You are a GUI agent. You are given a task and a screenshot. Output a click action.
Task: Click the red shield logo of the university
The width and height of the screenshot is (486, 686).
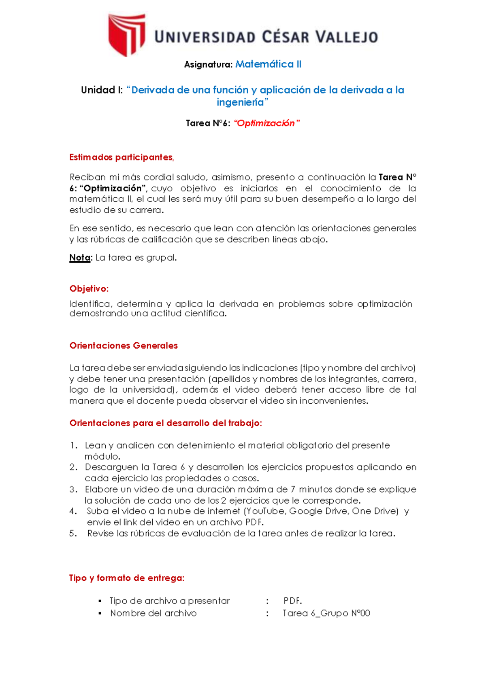click(126, 35)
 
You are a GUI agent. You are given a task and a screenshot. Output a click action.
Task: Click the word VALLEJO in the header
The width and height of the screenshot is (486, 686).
click(347, 38)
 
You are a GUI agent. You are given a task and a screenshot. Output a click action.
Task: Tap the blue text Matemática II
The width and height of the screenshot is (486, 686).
click(268, 64)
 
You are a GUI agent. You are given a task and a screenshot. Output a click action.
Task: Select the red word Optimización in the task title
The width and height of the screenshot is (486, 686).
click(266, 123)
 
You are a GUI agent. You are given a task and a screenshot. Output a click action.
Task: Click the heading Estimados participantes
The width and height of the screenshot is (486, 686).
click(122, 157)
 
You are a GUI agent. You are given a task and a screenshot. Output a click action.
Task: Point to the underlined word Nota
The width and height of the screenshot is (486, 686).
click(80, 258)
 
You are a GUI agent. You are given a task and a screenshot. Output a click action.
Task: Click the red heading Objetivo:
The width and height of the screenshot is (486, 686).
click(89, 289)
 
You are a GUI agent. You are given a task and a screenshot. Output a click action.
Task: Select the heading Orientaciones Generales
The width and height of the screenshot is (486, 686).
click(124, 346)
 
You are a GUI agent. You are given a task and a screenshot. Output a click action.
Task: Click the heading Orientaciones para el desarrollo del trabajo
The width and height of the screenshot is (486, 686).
click(165, 423)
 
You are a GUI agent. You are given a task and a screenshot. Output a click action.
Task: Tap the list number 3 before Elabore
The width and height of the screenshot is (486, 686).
click(73, 489)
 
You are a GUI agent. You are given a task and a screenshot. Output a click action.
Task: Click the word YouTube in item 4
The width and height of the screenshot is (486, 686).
click(266, 511)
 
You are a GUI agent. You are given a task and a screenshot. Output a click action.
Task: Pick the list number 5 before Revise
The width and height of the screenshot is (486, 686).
click(73, 534)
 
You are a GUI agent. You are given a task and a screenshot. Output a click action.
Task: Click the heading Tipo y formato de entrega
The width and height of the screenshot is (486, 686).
click(126, 578)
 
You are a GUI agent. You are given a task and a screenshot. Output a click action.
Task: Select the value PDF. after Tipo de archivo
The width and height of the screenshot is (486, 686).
click(292, 601)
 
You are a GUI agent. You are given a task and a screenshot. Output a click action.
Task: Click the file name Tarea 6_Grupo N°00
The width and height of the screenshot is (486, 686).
click(326, 614)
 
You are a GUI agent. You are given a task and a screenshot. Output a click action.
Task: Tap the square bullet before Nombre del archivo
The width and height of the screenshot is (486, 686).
click(100, 614)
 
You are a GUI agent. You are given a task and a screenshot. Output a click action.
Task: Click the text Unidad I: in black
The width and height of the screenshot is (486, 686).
click(102, 90)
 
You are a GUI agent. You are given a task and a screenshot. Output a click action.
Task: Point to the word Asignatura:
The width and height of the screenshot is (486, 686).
click(208, 65)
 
